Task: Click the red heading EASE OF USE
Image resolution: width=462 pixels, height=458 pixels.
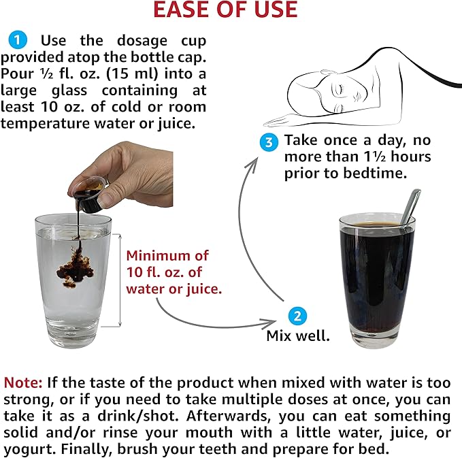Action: pos(225,10)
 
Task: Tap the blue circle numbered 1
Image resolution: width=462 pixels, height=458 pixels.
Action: pos(18,39)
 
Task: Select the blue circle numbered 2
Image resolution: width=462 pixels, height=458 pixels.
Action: pos(297,316)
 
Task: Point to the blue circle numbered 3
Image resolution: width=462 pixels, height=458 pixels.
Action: pos(269,142)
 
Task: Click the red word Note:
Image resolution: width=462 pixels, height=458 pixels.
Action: pos(23,382)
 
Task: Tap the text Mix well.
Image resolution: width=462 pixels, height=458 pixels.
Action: pos(298,336)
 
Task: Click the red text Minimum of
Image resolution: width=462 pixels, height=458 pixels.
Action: pos(167,255)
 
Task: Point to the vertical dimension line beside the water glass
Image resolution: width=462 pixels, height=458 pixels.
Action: pos(120,280)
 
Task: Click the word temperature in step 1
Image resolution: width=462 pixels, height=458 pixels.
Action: pos(45,123)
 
